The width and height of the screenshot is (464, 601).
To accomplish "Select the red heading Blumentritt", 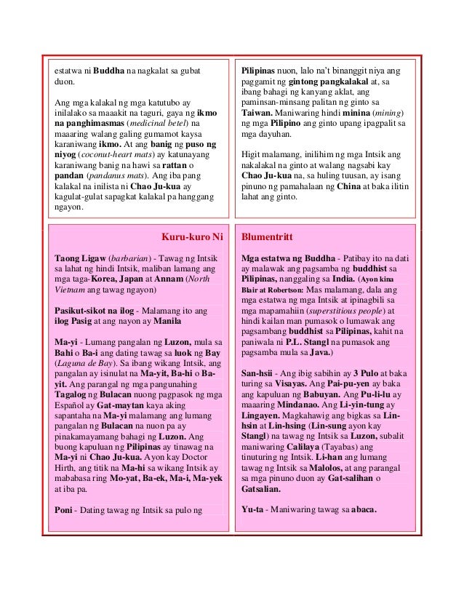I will pos(268,237).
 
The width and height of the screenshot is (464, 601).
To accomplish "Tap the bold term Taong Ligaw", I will pos(79,258).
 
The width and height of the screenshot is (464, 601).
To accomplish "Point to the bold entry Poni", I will pos(66,509).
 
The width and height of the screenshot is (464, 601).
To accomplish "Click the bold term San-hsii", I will pos(257,373).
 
